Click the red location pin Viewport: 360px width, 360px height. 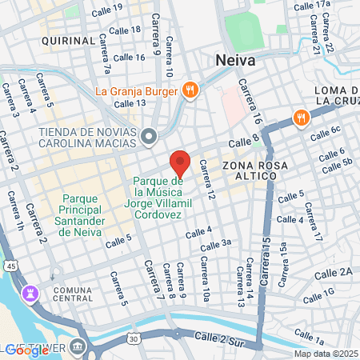(x=180, y=162)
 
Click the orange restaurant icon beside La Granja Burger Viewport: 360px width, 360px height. (x=190, y=90)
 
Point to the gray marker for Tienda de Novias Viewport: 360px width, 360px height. (x=148, y=138)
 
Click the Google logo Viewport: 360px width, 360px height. (x=26, y=350)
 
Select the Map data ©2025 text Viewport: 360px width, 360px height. (x=326, y=354)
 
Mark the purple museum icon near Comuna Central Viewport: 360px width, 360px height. (x=31, y=294)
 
